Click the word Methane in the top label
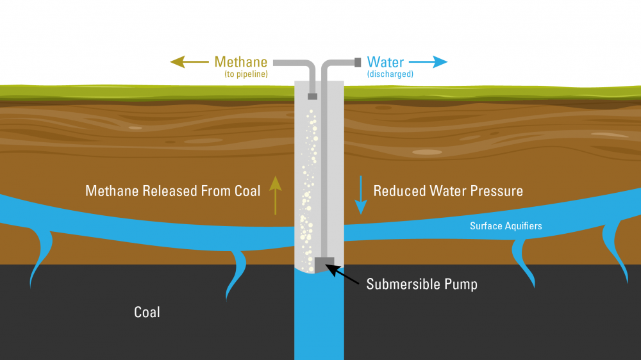240,62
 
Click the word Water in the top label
385,62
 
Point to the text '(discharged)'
390,74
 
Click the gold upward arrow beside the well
276,195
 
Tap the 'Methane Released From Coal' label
173,191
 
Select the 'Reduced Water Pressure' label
448,191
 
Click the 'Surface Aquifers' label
506,225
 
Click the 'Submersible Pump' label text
422,284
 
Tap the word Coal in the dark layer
147,313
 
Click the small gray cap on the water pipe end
358,62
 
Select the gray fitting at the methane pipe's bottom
312,96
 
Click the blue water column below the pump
319,320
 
